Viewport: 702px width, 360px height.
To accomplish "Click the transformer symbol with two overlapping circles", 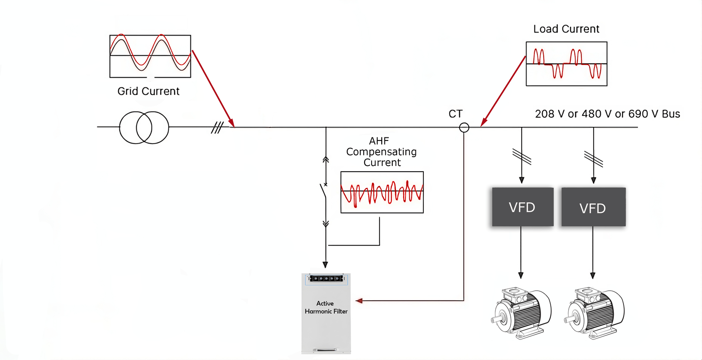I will pyautogui.click(x=144, y=127).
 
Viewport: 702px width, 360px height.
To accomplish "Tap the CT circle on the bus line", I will pyautogui.click(x=464, y=128).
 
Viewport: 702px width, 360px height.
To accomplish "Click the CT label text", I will pyautogui.click(x=455, y=114).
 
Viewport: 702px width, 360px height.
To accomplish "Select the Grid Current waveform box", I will pyautogui.click(x=150, y=56).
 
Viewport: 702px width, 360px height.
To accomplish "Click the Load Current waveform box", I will pyautogui.click(x=566, y=64).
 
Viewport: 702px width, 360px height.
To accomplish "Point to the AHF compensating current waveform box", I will pyautogui.click(x=382, y=192).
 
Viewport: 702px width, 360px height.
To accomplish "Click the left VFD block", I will pyautogui.click(x=523, y=207).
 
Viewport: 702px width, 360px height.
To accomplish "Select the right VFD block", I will pyautogui.click(x=593, y=207).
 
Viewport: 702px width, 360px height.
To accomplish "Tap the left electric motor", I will pyautogui.click(x=521, y=313).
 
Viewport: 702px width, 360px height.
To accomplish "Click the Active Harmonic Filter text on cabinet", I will pyautogui.click(x=326, y=307).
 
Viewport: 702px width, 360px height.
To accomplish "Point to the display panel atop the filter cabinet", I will pyautogui.click(x=326, y=278).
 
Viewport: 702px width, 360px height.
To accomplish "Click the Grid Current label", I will pyautogui.click(x=148, y=91).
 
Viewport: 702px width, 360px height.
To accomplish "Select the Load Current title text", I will pyautogui.click(x=566, y=29).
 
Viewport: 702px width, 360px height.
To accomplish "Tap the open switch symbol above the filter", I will pyautogui.click(x=324, y=191).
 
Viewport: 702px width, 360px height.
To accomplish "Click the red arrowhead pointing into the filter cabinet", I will pyautogui.click(x=359, y=301).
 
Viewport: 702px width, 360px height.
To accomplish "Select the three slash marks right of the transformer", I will pyautogui.click(x=217, y=127).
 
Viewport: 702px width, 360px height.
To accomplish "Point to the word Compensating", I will pyautogui.click(x=381, y=152).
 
